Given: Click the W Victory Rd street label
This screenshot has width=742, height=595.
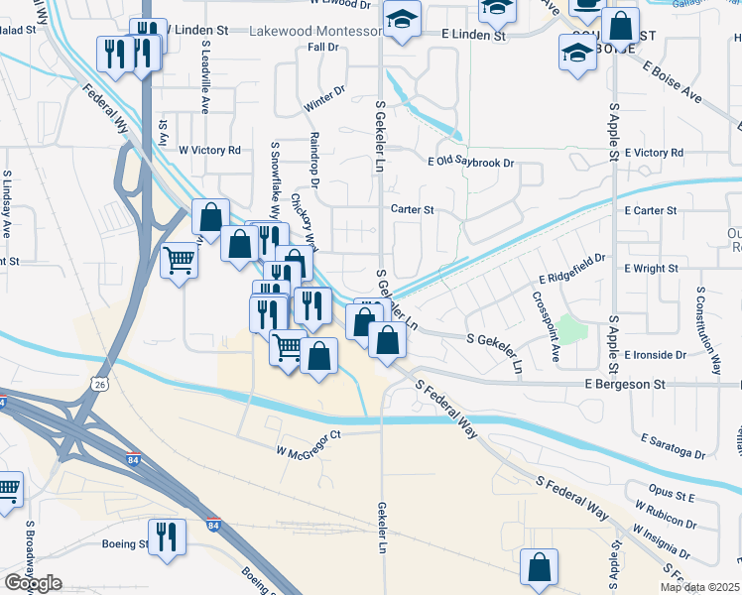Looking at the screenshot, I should (209, 151).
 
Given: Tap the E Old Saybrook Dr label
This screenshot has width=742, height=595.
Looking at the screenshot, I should (471, 163).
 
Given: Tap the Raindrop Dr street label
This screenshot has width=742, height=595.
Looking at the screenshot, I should (313, 160).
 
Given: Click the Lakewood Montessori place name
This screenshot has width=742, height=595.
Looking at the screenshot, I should (315, 32).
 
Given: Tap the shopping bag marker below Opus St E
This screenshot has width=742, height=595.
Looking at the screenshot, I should (539, 567).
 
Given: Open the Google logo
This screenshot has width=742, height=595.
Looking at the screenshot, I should (33, 583).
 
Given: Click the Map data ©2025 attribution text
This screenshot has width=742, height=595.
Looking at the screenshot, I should (699, 587).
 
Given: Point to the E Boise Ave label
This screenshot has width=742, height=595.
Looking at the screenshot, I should (674, 83).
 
